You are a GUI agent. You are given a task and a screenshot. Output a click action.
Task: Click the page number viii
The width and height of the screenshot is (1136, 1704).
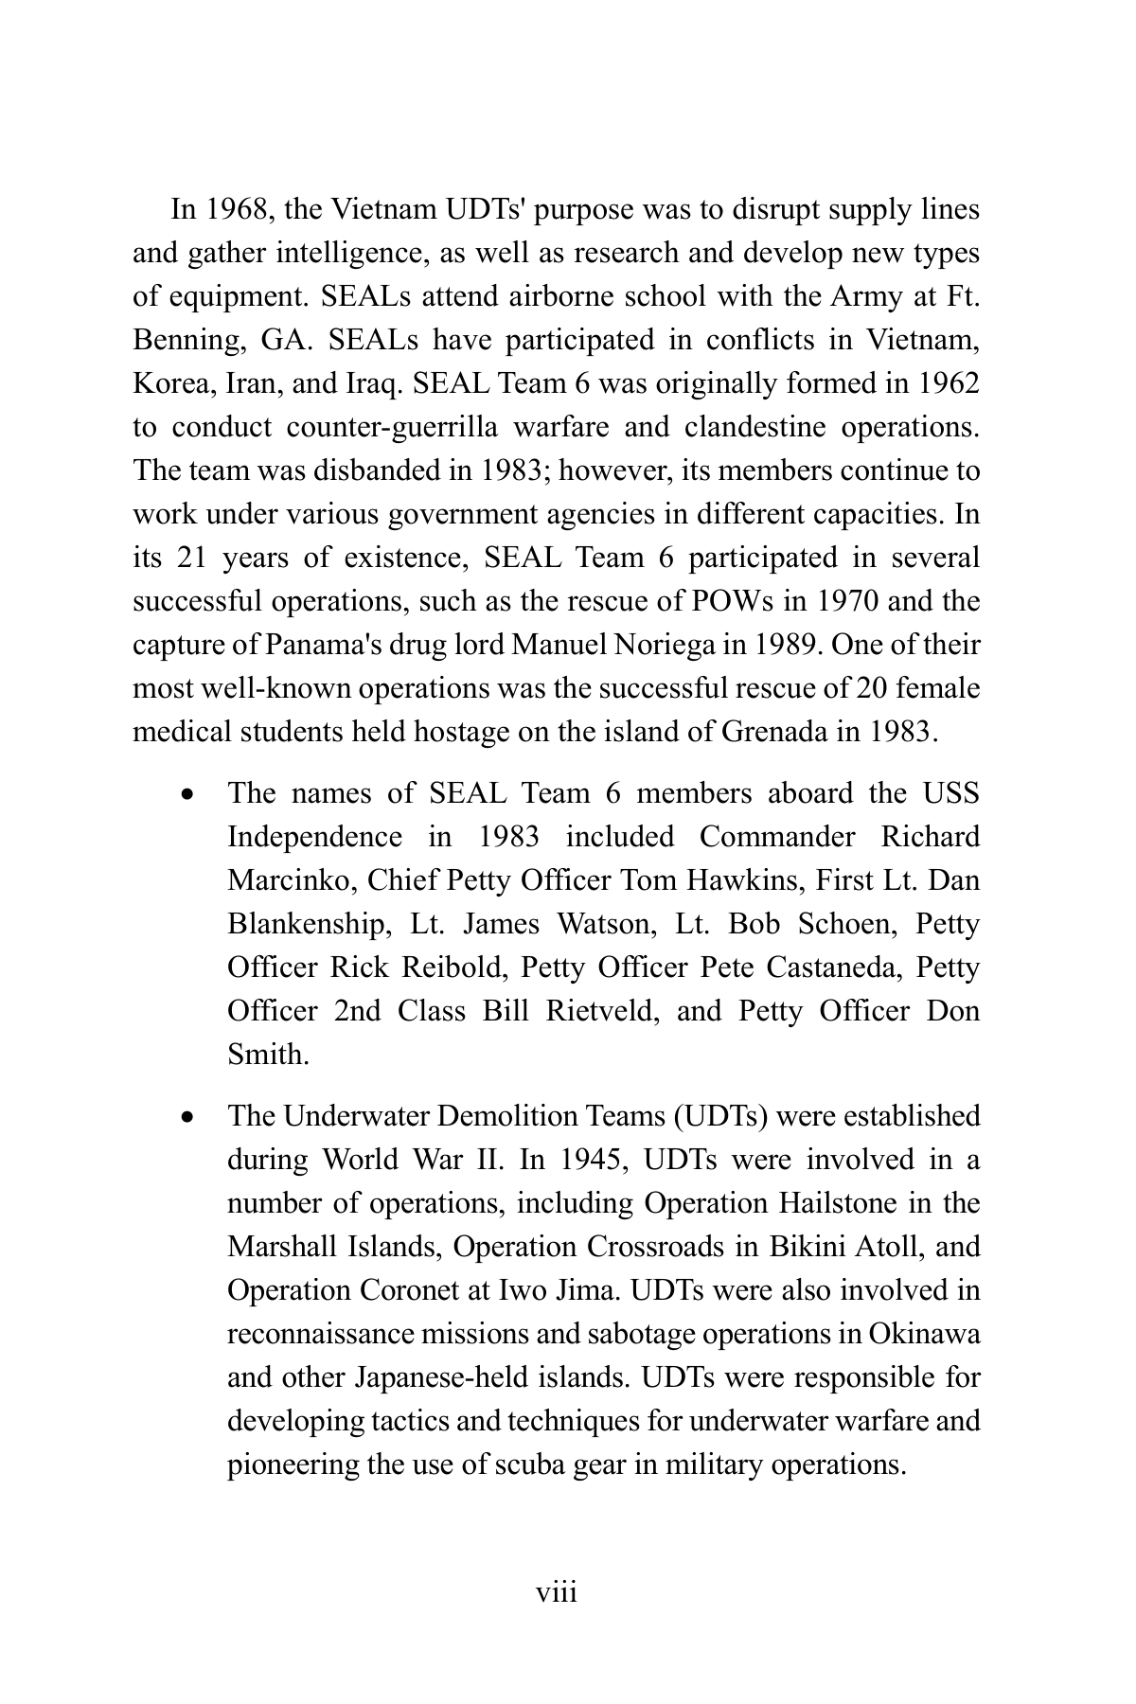coord(557,1593)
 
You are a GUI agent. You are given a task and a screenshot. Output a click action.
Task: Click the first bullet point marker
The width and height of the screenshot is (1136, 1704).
coord(190,794)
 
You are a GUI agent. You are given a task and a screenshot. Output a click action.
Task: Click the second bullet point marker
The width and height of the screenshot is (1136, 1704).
coord(190,1117)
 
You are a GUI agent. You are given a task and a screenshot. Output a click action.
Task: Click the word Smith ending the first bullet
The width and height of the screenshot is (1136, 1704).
coord(267,1055)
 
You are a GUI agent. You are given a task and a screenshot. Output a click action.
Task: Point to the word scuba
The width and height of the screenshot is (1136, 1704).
coord(544,1464)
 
